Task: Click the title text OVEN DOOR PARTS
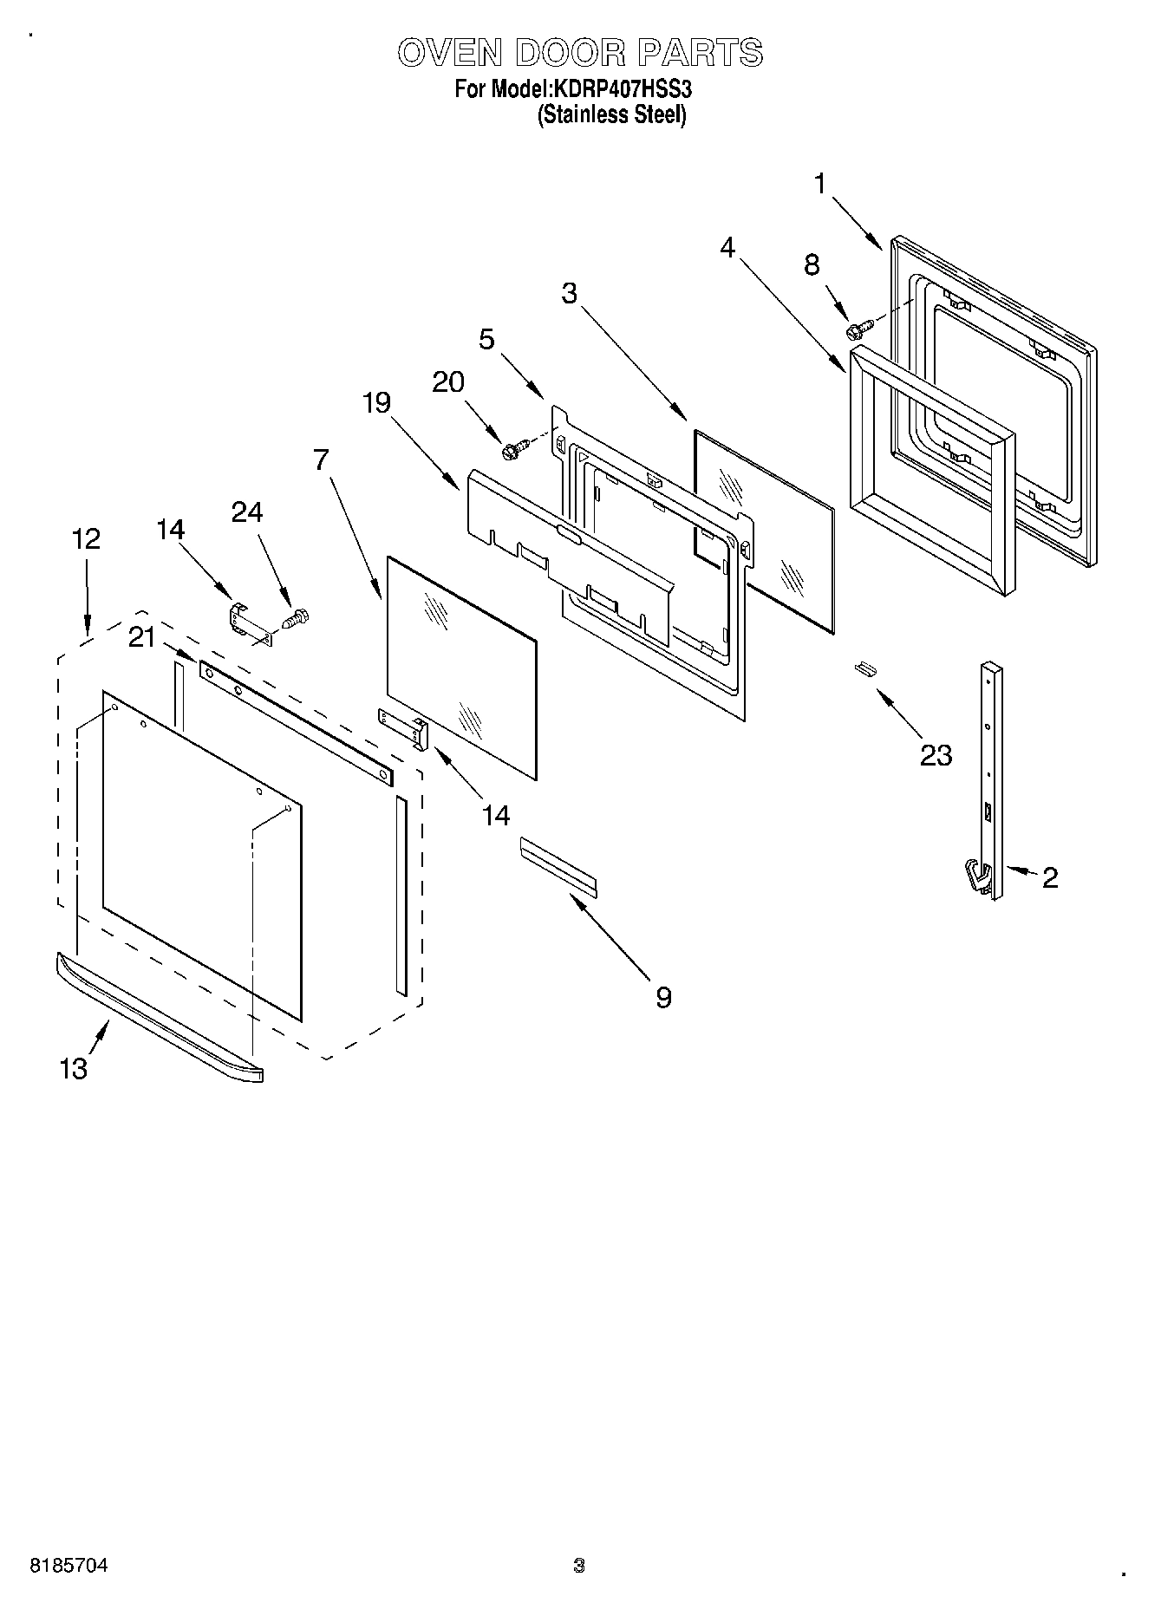tap(580, 53)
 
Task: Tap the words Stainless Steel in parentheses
tap(611, 115)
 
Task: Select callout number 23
tap(936, 755)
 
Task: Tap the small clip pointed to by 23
tap(863, 667)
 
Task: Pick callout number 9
tap(663, 998)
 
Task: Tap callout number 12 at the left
tap(86, 539)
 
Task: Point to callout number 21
tap(141, 637)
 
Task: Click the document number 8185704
tap(69, 1567)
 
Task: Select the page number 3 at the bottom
tap(579, 1566)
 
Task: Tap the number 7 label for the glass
tap(322, 459)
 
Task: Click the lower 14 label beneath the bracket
tap(495, 815)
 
